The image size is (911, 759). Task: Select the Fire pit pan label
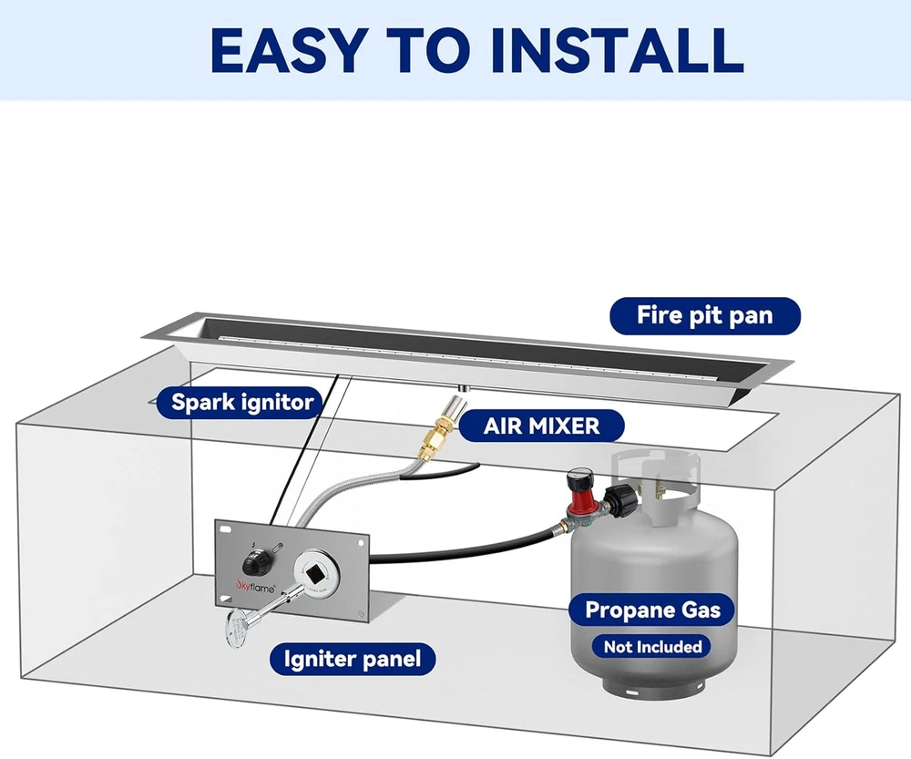[704, 316]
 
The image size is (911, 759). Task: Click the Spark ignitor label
[242, 402]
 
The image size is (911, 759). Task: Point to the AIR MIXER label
[541, 426]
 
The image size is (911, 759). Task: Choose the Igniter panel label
[352, 659]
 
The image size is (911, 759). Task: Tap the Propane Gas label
[652, 610]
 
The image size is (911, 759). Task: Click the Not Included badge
[652, 647]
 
